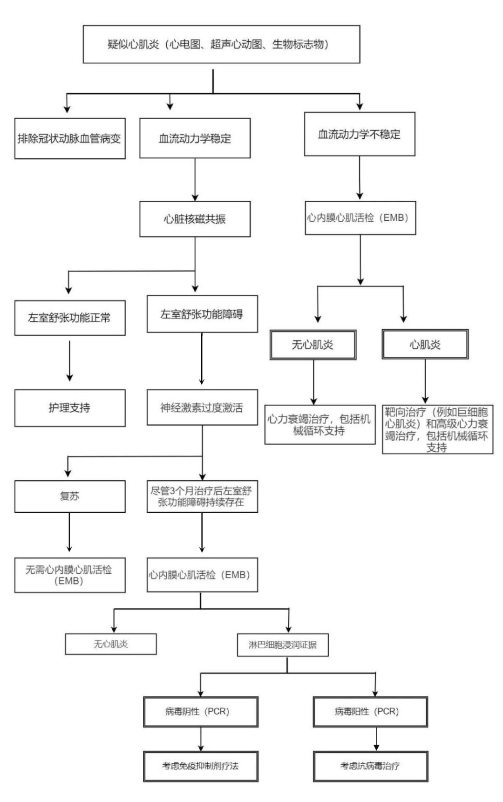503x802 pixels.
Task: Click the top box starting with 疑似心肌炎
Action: [x=221, y=44]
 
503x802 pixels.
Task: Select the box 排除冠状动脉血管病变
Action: [x=70, y=139]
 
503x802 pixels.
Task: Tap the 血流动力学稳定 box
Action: [x=195, y=138]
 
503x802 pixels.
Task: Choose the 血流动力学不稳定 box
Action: [x=359, y=134]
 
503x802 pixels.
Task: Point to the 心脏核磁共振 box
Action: [x=195, y=219]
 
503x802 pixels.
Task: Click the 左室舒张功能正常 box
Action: [x=70, y=318]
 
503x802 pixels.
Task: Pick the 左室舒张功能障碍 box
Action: [x=202, y=314]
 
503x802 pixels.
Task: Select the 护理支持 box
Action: [x=70, y=408]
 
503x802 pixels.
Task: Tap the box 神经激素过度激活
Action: [x=202, y=408]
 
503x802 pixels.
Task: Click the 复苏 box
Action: [x=70, y=496]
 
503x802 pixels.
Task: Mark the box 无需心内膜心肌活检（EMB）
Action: [x=70, y=575]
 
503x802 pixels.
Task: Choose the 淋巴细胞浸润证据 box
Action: [x=283, y=645]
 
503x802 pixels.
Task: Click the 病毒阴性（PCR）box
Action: [x=201, y=712]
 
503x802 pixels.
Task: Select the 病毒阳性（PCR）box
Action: [x=370, y=712]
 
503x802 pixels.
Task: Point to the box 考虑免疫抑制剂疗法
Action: [x=201, y=766]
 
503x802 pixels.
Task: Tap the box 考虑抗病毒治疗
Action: [x=370, y=766]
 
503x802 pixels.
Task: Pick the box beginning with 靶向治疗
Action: [x=437, y=429]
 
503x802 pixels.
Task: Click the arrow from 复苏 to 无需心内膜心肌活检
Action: [x=69, y=532]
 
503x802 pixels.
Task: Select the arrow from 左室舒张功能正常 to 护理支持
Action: [x=69, y=361]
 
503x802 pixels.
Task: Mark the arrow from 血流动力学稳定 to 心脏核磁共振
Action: [x=195, y=180]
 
